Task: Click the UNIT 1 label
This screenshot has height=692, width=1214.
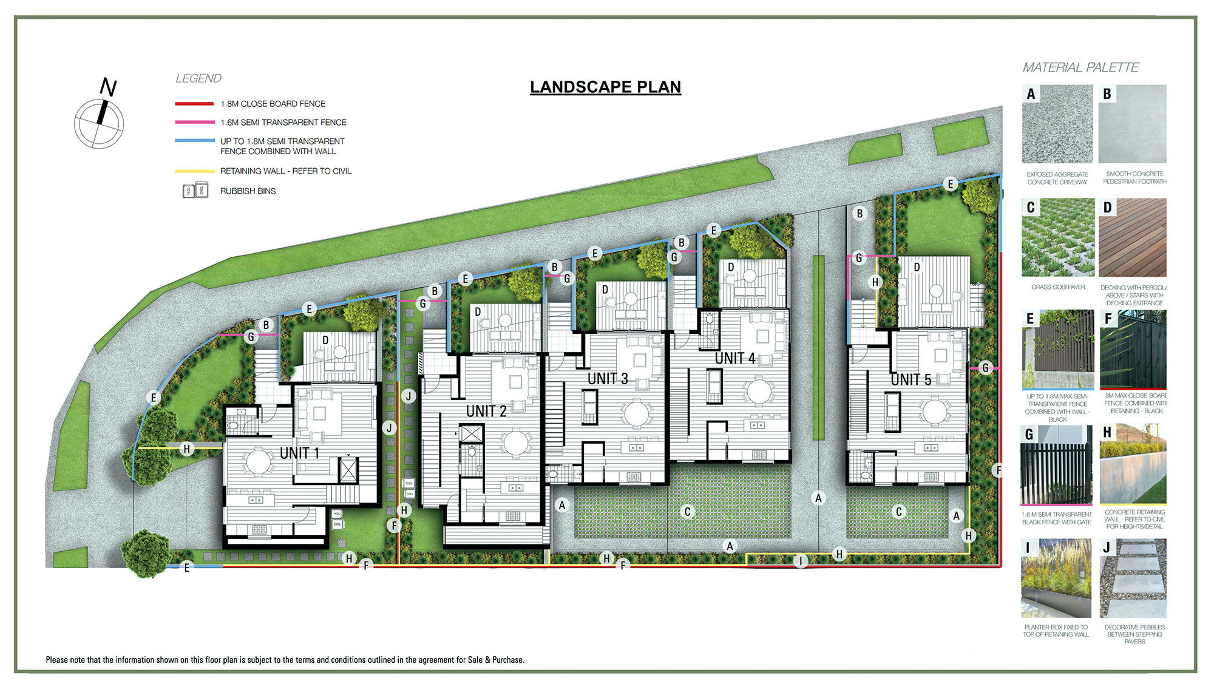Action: click(299, 453)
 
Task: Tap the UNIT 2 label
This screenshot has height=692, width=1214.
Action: click(486, 411)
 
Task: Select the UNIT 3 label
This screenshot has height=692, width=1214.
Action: click(608, 379)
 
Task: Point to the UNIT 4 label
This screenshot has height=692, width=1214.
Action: click(735, 358)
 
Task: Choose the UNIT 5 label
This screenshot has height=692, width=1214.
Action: click(910, 380)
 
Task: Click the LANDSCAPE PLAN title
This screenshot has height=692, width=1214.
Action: click(605, 87)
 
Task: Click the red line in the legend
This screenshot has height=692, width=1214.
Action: click(194, 104)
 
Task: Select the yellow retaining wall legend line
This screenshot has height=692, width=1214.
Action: click(194, 171)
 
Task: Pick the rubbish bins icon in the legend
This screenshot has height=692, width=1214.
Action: click(195, 191)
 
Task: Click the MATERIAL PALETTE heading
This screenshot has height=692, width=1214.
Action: click(1080, 67)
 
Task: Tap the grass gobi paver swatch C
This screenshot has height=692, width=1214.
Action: click(1057, 237)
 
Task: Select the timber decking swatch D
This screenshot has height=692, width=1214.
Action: click(1133, 237)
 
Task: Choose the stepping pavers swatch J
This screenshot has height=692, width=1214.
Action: click(1133, 578)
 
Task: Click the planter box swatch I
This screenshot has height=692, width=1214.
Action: click(1056, 578)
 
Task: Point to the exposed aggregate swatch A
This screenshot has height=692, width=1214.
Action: click(1057, 124)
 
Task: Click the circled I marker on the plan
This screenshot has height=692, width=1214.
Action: click(801, 561)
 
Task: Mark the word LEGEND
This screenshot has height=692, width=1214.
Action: click(198, 78)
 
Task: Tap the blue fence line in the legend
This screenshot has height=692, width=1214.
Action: click(194, 141)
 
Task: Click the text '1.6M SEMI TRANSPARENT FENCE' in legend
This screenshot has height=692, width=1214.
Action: click(283, 123)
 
